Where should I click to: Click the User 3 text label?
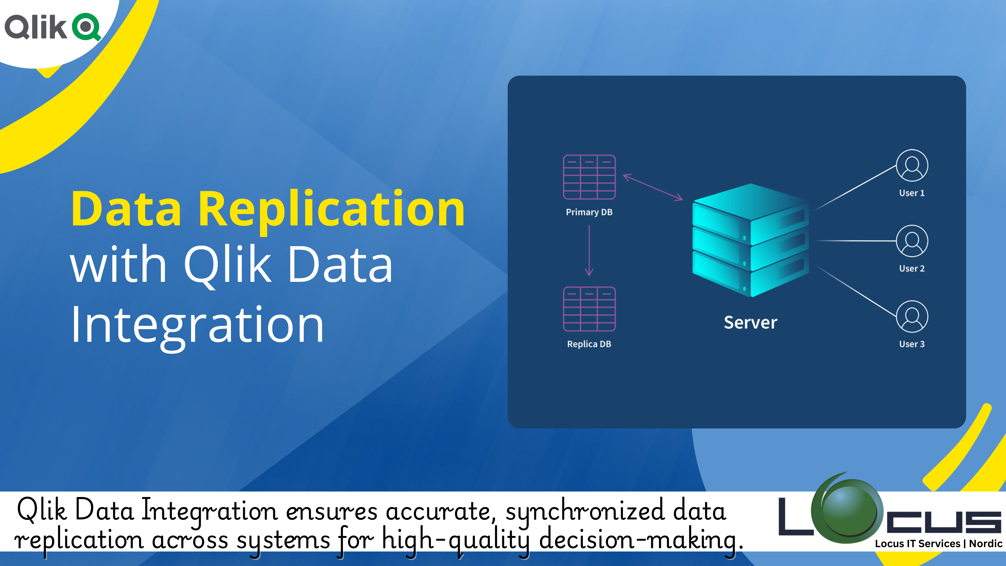coord(912,344)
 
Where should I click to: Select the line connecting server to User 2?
coord(855,241)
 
